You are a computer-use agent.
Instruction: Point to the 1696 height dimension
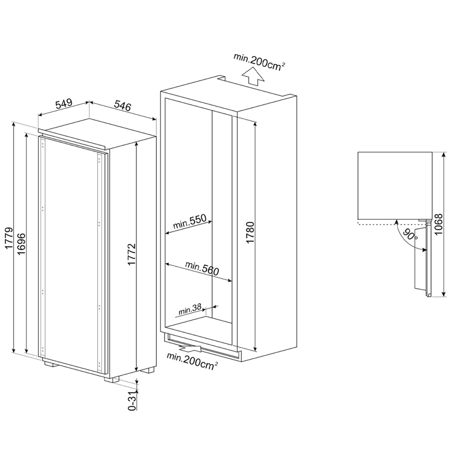tap(21, 244)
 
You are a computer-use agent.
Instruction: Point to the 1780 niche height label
tap(250, 233)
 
